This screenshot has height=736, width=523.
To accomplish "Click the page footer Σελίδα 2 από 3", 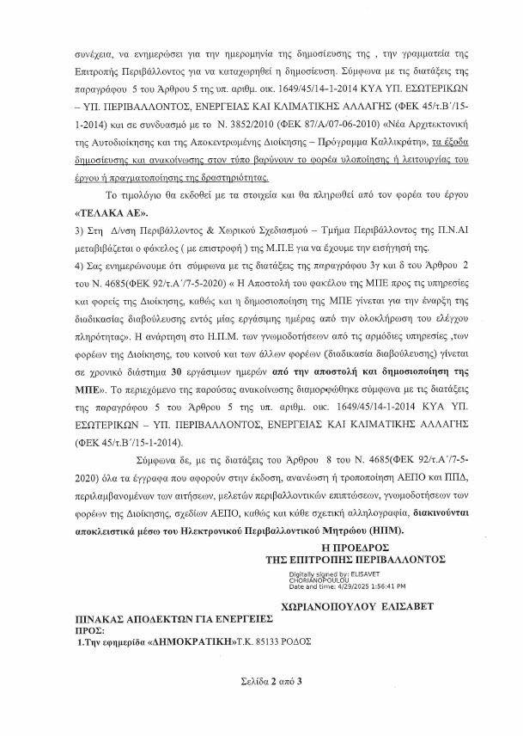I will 261,704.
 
